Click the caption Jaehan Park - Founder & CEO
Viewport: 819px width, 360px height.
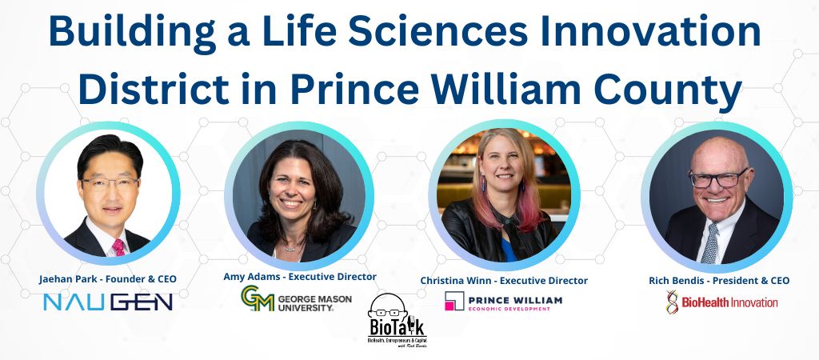coord(108,279)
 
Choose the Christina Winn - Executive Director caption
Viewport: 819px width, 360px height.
coord(504,281)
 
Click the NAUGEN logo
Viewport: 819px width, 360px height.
coord(108,302)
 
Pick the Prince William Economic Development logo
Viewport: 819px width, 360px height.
coord(504,302)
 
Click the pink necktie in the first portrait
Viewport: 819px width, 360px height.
coord(118,246)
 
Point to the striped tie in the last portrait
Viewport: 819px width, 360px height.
coord(709,244)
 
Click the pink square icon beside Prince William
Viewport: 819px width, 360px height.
coord(454,302)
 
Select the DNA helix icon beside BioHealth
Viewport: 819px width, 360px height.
coord(673,302)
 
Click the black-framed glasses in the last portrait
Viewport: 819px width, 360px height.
coord(717,179)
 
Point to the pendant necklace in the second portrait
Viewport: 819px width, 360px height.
coord(290,248)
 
